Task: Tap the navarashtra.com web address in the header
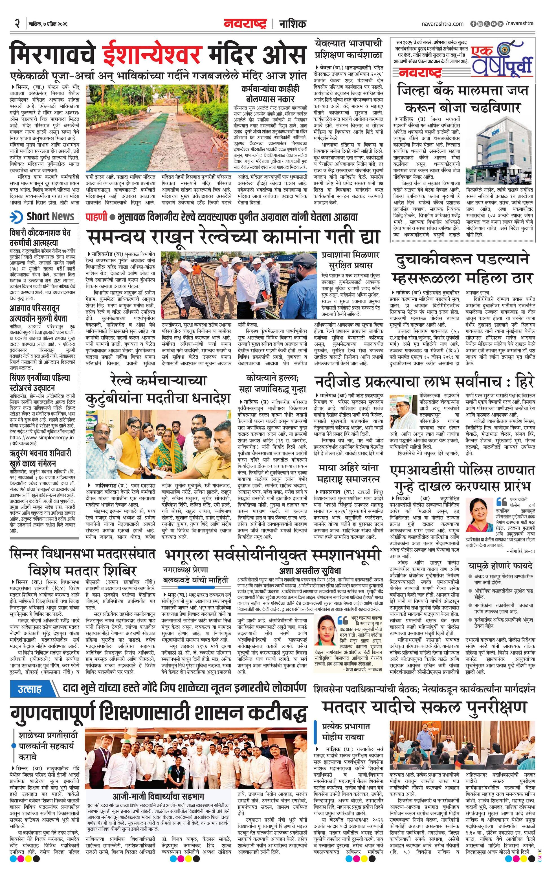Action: pos(443,24)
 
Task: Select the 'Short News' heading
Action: pos(50,217)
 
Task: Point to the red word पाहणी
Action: pos(96,217)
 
